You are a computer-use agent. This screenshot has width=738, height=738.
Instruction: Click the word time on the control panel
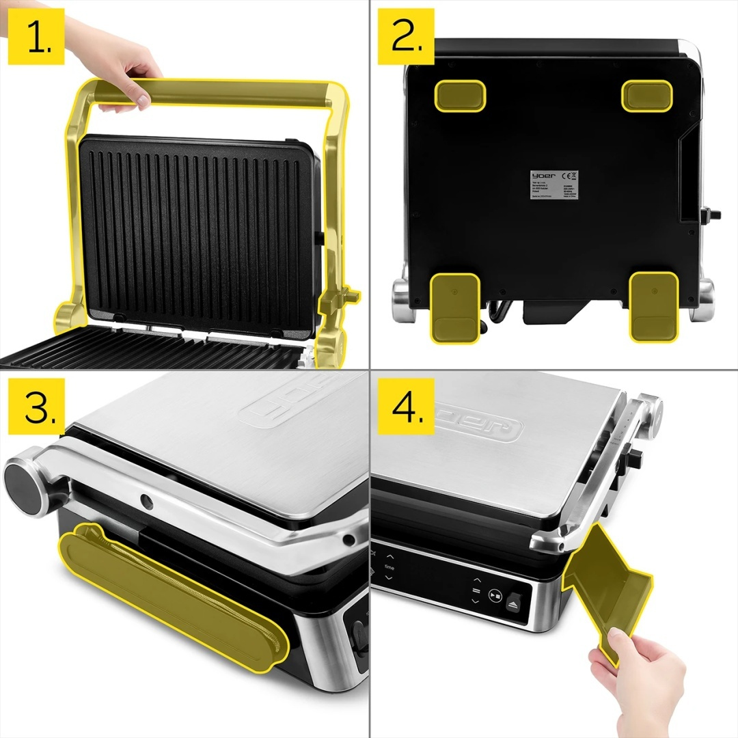pos(389,566)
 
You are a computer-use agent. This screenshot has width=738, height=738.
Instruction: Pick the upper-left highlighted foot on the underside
pos(461,95)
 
